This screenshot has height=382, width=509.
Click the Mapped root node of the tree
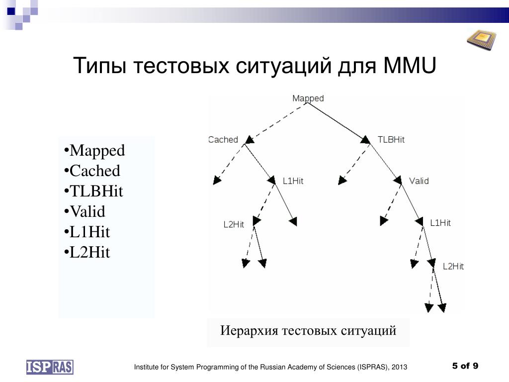[x=308, y=98]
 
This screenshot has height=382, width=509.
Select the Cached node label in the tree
[x=223, y=140]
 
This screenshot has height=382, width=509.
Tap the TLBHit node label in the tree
[x=391, y=140]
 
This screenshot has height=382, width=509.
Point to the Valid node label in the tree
[x=419, y=181]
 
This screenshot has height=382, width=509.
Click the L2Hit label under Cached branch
[x=234, y=224]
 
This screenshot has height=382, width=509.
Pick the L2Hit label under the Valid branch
[x=453, y=267]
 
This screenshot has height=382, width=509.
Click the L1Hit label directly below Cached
[x=293, y=181]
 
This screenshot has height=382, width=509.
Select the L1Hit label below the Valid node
[x=440, y=223]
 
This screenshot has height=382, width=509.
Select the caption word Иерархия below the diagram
[x=249, y=331]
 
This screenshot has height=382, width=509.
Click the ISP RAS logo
[x=50, y=367]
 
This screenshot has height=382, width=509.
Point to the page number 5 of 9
[x=465, y=366]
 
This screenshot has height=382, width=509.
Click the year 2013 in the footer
[x=399, y=367]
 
